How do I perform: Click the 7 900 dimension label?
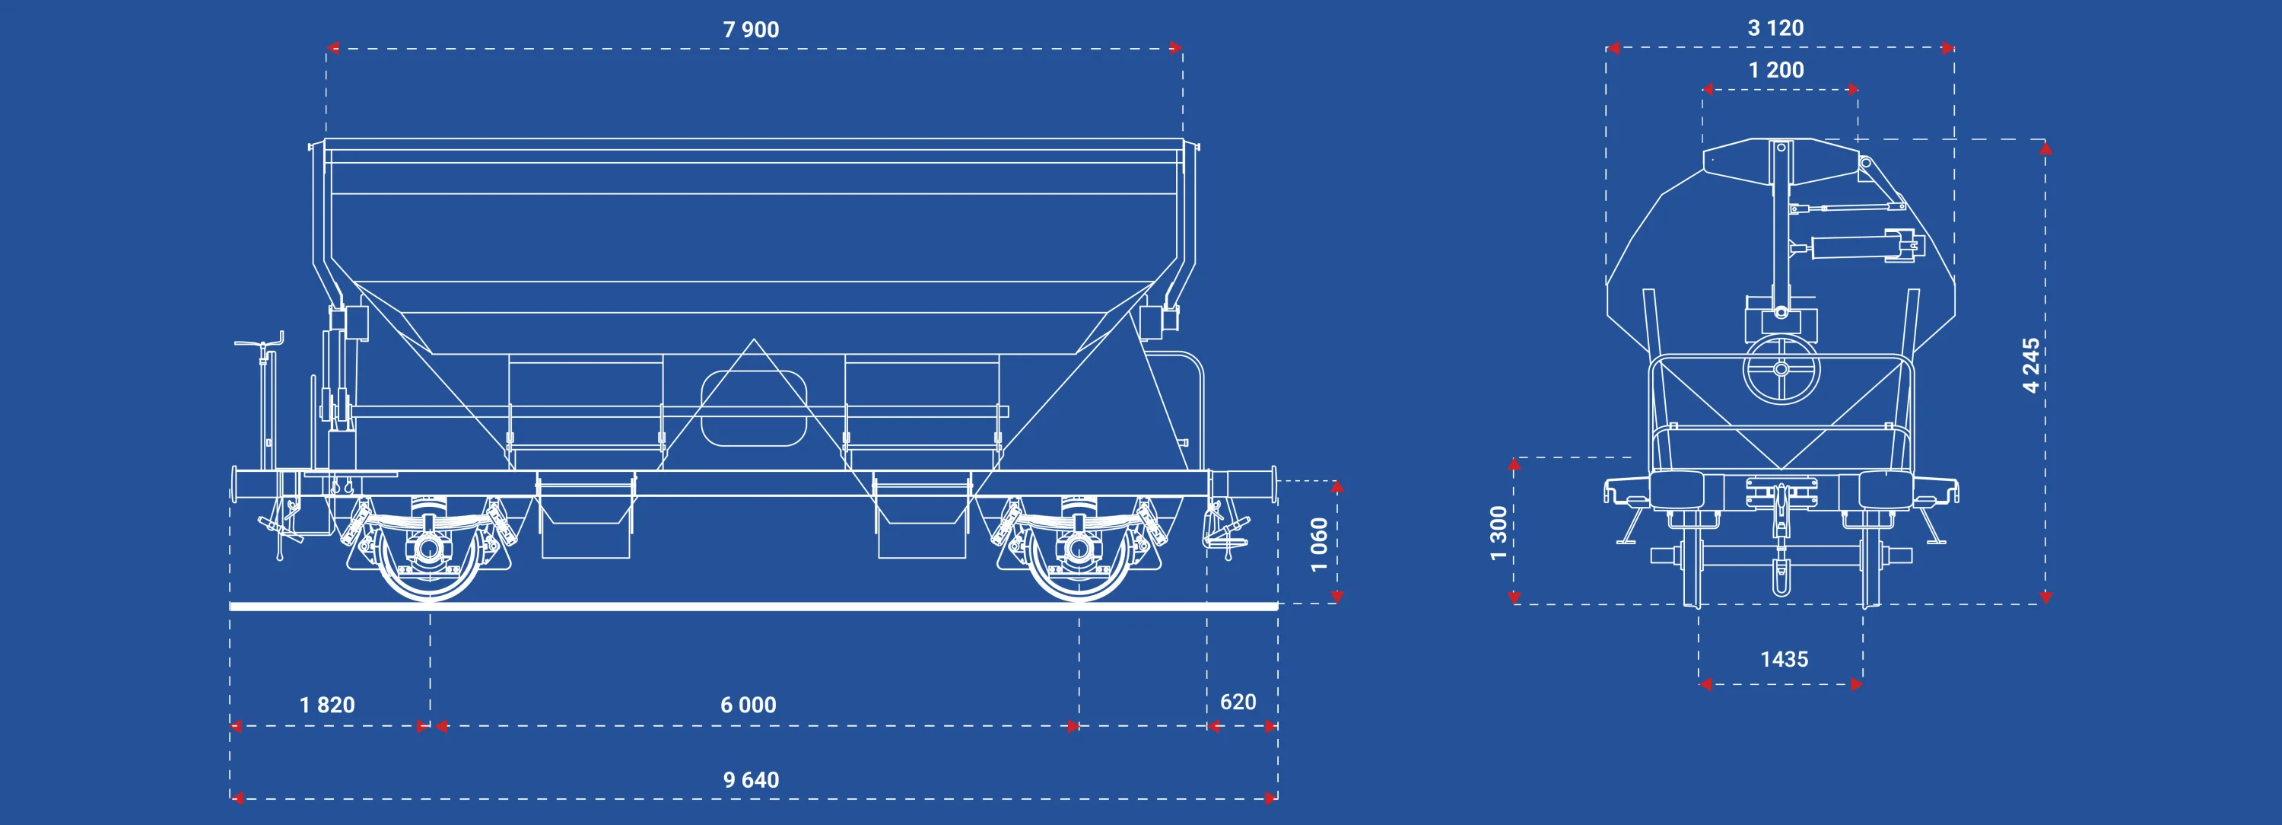pyautogui.click(x=752, y=29)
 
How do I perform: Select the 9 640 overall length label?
pyautogui.click(x=752, y=780)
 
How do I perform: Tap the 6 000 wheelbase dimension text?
pyautogui.click(x=748, y=705)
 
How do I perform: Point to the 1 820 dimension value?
pyautogui.click(x=327, y=705)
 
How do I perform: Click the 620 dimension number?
pyautogui.click(x=1238, y=702)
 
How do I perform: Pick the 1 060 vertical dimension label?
pyautogui.click(x=1319, y=545)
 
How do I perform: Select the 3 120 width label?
pyautogui.click(x=1775, y=28)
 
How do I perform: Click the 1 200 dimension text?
pyautogui.click(x=1776, y=70)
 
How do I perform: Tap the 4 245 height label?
pyautogui.click(x=2031, y=365)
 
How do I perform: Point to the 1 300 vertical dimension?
pyautogui.click(x=1498, y=534)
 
